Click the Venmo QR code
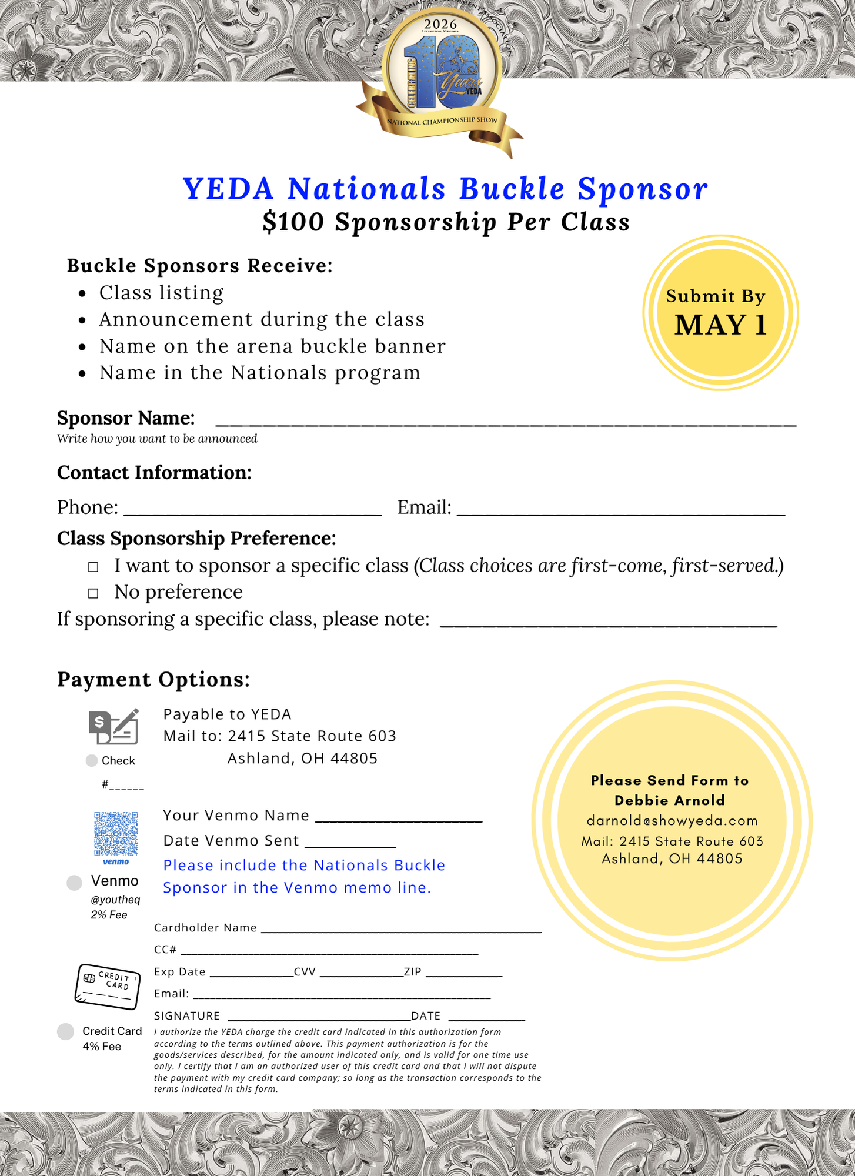pos(116,834)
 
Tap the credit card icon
pos(108,987)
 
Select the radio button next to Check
pos(91,761)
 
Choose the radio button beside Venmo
pos(74,883)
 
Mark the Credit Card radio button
pos(65,1031)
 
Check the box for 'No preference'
pos(93,593)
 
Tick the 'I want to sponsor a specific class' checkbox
pos(93,567)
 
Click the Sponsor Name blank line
pos(506,420)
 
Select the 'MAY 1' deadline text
pos(721,325)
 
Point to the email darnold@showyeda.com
pos(672,820)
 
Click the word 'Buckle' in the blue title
pos(512,189)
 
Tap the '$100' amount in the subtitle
pos(293,222)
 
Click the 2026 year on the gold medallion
pos(440,24)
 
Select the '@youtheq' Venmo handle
pos(115,900)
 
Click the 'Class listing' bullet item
pos(161,293)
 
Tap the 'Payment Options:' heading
pos(153,680)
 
